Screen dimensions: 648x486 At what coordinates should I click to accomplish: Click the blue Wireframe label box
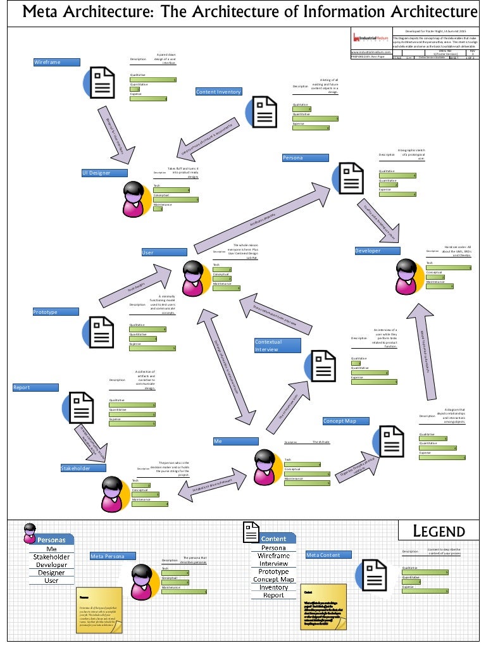coord(56,62)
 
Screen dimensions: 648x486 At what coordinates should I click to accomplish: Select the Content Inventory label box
coord(218,92)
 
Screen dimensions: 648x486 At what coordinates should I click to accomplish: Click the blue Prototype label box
coord(56,312)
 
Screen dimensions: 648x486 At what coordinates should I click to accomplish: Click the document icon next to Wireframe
coord(101,82)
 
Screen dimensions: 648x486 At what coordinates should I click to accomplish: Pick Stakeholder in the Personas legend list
coord(51,557)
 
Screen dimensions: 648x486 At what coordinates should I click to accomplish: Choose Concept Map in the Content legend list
coord(273,579)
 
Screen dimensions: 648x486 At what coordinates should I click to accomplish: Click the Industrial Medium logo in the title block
coord(370,38)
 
